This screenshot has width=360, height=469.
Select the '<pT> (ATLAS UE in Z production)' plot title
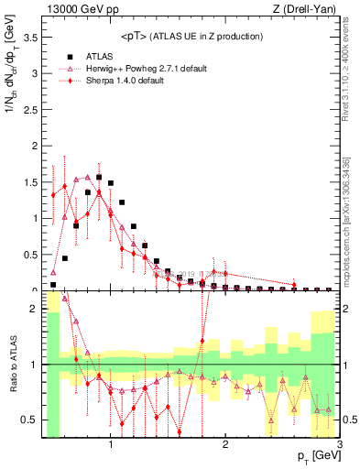(191, 36)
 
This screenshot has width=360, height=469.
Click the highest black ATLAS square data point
(99, 178)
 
